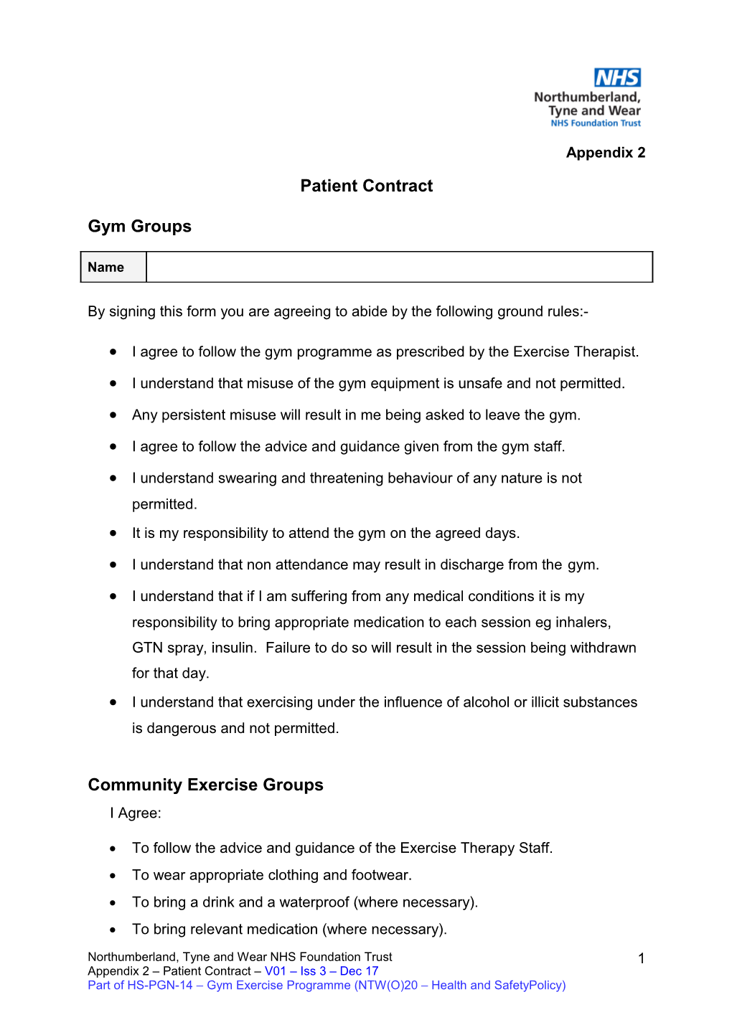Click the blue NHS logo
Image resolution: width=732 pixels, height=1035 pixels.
617,77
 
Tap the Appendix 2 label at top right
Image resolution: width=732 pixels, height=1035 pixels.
605,153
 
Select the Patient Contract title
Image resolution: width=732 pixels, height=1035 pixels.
366,186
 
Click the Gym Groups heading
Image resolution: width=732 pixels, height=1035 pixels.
139,227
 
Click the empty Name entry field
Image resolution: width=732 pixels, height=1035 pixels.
399,268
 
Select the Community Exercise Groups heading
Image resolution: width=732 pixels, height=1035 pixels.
205,785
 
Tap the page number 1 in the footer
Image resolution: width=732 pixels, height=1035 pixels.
641,959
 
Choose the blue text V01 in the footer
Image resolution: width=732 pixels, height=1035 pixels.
275,971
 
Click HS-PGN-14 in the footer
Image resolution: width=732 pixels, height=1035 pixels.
160,986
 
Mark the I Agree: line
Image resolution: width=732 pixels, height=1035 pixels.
136,813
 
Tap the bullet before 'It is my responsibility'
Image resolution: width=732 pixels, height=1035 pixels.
113,533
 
